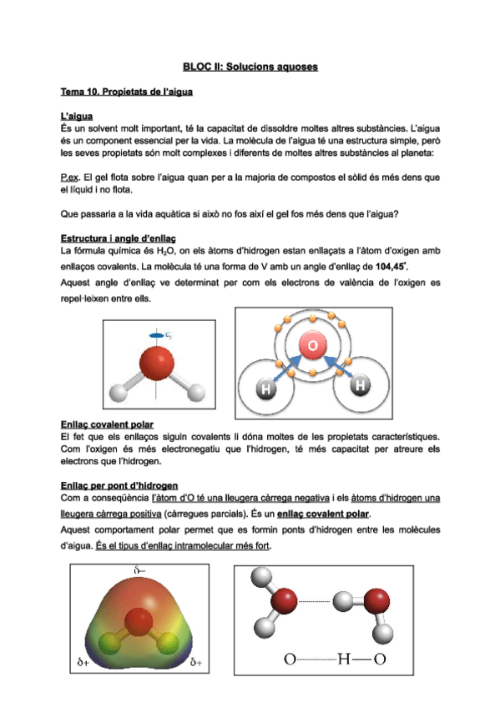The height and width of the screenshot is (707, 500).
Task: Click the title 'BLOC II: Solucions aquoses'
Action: (250, 66)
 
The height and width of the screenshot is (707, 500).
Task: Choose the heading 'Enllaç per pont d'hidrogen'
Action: (119, 486)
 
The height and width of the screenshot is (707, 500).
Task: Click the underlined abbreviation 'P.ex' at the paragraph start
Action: (70, 178)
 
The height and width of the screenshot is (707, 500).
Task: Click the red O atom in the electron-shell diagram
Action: (311, 346)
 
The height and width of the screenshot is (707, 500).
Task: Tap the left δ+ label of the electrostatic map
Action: (81, 664)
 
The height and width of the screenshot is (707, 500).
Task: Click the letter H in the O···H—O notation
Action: (343, 659)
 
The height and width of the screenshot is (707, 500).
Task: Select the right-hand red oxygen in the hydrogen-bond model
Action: (376, 599)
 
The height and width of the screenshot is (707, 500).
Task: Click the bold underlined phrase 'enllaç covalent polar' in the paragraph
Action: (323, 514)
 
